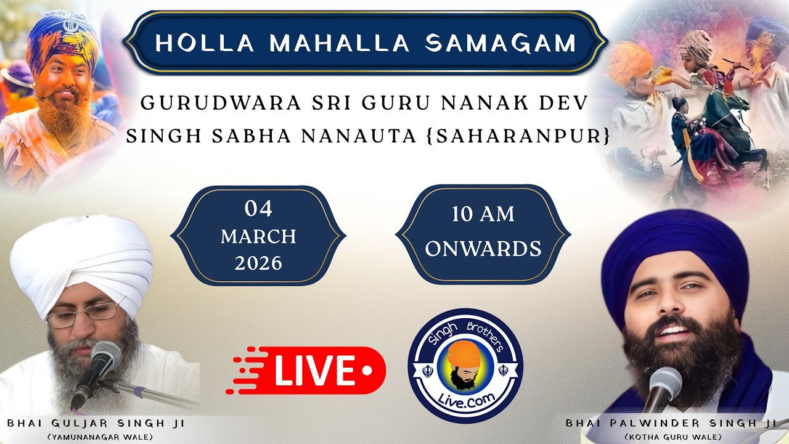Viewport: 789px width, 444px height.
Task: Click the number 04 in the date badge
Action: pyautogui.click(x=258, y=209)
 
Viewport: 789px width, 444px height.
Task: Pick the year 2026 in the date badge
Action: pyautogui.click(x=258, y=263)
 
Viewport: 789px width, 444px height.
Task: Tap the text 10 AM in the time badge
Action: pyautogui.click(x=483, y=215)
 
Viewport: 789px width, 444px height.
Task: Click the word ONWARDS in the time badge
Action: pyautogui.click(x=483, y=249)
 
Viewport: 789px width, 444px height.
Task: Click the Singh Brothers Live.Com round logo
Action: pyautogui.click(x=465, y=366)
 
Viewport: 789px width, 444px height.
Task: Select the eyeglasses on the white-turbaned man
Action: pyautogui.click(x=82, y=316)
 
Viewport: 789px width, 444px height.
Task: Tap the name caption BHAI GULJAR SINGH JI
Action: pyautogui.click(x=96, y=424)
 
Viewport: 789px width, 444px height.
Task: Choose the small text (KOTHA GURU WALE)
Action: pyautogui.click(x=672, y=437)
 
